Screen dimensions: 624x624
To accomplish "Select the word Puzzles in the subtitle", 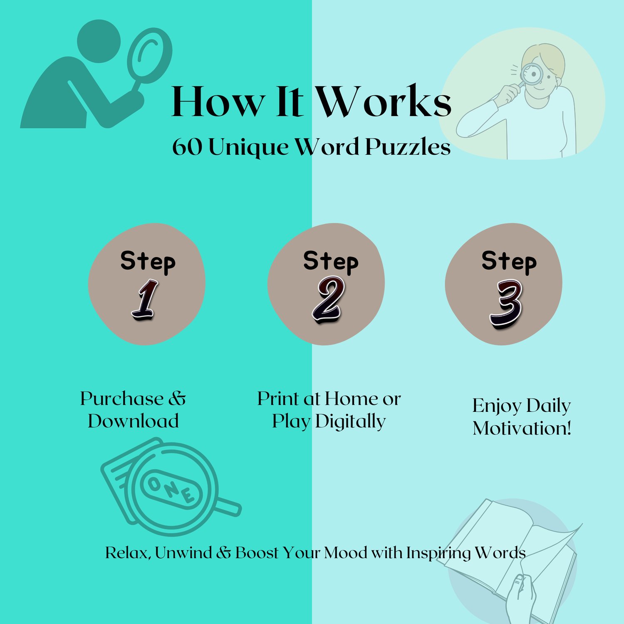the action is pos(408,148).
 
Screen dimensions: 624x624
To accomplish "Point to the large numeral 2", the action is pos(328,300).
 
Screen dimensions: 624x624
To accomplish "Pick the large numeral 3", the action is pos(506,304).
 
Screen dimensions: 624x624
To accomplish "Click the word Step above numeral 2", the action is pos(331,262).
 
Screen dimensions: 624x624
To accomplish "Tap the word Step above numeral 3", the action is pos(509,262).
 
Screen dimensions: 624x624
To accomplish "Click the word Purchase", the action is pos(121,399).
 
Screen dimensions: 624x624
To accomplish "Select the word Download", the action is pos(133,421).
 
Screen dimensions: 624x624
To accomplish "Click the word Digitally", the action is pos(350,422).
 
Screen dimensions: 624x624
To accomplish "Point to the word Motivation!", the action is pos(522,428).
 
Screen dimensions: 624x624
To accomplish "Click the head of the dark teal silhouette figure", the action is pos(99,41).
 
